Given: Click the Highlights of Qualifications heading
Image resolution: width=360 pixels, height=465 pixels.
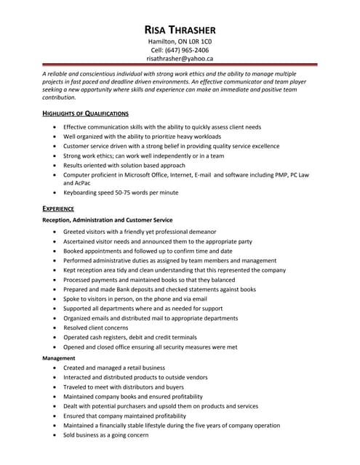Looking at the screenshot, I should (85, 114).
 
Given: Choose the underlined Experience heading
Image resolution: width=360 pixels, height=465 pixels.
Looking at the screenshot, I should (58, 208).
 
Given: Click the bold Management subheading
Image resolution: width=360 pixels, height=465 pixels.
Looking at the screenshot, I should (60, 358).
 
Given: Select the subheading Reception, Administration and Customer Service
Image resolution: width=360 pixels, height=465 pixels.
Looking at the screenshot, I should (108, 219).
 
